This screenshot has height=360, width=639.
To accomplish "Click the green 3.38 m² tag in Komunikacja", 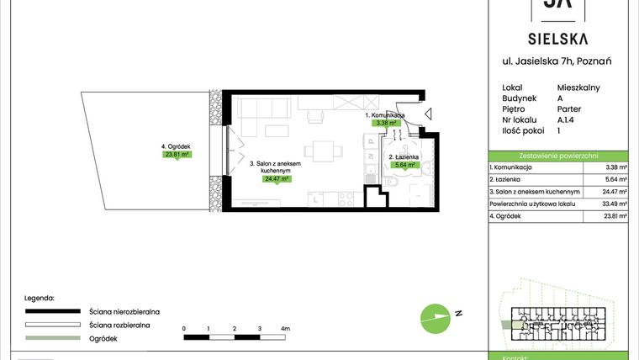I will point(384,123).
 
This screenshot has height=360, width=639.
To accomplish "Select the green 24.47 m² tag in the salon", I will point(277,179).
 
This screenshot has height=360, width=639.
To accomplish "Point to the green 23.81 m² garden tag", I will point(177,155).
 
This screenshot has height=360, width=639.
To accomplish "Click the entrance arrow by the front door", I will point(429,114).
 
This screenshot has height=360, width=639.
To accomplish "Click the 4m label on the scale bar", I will point(285,327).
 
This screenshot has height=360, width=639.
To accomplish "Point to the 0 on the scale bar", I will point(183,327).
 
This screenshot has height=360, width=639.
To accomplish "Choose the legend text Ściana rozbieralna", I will point(119,324).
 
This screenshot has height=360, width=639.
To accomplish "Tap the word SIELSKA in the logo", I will point(558,38).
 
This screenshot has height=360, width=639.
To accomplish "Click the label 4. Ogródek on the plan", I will point(177,146).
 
